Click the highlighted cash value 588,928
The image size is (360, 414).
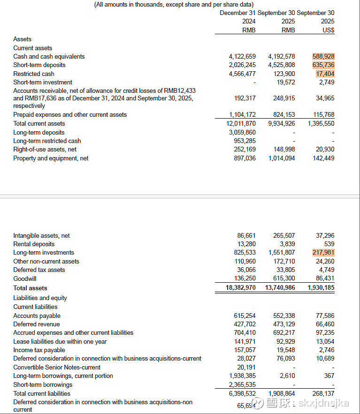click(323, 56)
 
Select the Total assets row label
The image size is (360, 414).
click(30, 288)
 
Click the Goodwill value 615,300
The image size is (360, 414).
click(284, 279)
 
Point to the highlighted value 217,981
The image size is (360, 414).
click(323, 253)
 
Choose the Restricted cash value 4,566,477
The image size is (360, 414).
click(242, 74)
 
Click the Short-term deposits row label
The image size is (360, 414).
click(39, 65)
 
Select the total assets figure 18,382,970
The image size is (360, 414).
click(241, 288)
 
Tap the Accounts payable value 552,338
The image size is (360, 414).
click(284, 316)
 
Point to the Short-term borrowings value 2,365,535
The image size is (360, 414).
click(242, 385)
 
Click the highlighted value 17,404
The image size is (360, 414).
click(325, 74)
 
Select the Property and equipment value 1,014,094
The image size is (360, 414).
click(282, 158)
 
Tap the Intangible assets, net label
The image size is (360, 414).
click(41, 236)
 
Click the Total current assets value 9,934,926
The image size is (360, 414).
click(282, 124)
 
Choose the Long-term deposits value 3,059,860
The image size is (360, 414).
click(242, 133)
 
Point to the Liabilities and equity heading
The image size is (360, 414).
click(40, 298)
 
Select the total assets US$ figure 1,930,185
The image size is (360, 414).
click(321, 288)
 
